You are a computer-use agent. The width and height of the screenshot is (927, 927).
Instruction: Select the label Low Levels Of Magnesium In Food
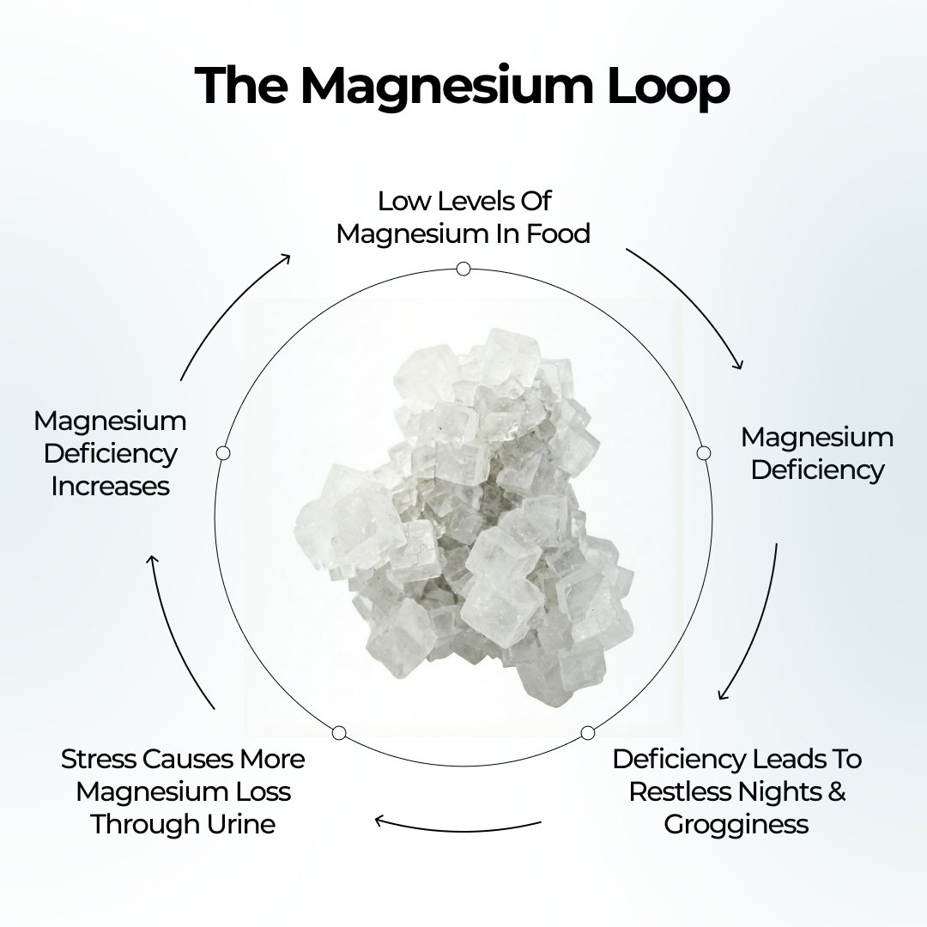[x=463, y=217]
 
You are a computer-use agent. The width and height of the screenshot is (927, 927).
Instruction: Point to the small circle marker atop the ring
[x=463, y=269]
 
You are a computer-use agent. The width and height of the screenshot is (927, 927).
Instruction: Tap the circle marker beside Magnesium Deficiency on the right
[x=704, y=452]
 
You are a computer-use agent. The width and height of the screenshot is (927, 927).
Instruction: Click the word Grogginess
[x=736, y=825]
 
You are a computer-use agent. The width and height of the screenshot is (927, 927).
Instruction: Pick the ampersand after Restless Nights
[x=836, y=791]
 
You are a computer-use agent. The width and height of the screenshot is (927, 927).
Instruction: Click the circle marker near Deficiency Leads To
[x=587, y=733]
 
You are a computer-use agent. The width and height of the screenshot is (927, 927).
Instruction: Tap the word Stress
[x=99, y=760]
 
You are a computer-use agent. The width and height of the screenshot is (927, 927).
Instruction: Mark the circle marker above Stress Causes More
[x=339, y=732]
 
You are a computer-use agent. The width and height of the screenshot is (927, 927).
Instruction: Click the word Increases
[x=110, y=486]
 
